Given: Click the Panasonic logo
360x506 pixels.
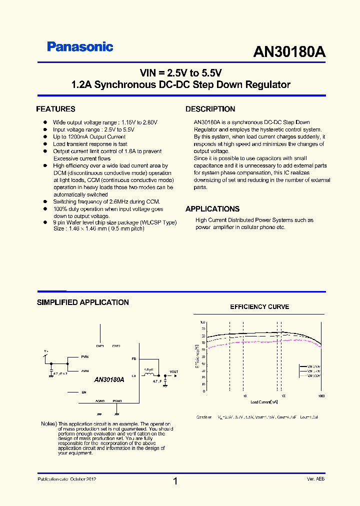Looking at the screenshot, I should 80,47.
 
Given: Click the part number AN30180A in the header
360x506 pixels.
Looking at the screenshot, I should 289,52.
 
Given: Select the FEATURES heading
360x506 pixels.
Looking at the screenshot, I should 55,109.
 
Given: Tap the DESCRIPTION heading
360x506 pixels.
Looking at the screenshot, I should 210,109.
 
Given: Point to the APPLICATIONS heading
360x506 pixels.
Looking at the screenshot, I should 212,209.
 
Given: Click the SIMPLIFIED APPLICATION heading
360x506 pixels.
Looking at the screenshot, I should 83,302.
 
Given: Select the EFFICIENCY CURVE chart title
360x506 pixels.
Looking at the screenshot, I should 259,307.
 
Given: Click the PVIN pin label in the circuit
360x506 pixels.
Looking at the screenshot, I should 85,357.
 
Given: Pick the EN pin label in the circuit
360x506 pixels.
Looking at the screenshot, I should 83,392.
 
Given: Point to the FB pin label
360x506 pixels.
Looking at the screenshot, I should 133,359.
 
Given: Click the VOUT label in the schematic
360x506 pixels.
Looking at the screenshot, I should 173,372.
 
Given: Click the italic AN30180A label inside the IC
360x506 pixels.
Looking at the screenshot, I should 109,380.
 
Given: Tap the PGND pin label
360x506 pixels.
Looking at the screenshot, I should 117,401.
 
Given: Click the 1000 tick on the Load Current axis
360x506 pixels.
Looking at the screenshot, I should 321,395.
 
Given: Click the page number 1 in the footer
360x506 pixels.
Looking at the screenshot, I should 175,481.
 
